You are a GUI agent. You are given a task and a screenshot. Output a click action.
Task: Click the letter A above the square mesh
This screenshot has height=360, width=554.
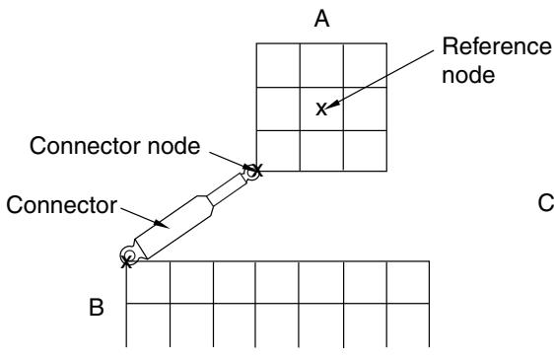point(322,19)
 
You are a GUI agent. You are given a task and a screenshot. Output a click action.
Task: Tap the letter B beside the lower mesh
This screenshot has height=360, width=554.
point(96,308)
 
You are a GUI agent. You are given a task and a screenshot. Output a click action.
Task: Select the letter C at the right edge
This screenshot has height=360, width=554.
point(546,203)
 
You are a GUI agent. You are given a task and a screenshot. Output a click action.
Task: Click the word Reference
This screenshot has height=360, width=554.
point(497,46)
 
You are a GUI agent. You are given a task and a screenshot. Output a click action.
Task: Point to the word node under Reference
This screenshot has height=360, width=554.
point(468,75)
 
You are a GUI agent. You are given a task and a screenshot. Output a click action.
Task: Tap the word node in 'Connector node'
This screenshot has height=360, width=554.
point(173,146)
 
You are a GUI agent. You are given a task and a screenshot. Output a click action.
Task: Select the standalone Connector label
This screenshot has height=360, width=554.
point(62,205)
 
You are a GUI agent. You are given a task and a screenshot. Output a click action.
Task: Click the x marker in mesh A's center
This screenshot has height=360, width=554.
point(321,109)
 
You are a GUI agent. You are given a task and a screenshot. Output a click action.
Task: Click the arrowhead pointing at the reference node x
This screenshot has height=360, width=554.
point(333,104)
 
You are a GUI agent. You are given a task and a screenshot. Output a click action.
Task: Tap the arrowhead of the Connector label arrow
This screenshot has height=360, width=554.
point(161,224)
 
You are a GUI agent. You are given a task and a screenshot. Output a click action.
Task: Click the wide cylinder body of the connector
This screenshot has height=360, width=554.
point(173,227)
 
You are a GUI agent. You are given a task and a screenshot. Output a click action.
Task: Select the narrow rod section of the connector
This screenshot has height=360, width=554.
point(227,189)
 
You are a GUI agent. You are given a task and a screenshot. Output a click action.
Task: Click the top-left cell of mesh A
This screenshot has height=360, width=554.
point(278,65)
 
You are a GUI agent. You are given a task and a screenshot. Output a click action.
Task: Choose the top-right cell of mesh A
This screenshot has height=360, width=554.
point(365,65)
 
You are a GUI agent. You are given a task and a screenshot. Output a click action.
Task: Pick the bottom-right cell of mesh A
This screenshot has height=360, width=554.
point(365,151)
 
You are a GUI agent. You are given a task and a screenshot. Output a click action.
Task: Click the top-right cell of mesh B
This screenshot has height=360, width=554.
point(408,282)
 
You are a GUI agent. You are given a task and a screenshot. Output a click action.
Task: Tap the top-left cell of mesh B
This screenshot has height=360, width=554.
point(148,282)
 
